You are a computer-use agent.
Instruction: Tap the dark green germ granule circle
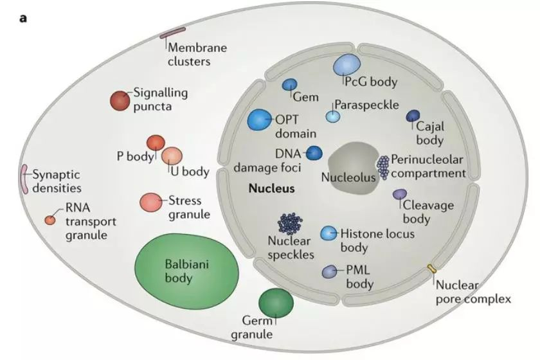(x=276, y=303)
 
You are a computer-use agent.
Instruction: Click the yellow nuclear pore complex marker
(x=431, y=269)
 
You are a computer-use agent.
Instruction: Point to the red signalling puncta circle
(x=120, y=100)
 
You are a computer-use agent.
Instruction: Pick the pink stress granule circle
(x=151, y=203)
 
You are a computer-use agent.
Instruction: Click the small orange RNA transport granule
(x=50, y=220)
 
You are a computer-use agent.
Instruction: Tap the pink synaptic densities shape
(x=24, y=179)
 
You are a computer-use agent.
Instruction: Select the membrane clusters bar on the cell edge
(x=172, y=33)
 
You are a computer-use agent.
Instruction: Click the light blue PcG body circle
(x=346, y=65)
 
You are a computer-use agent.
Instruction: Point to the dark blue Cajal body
(x=413, y=116)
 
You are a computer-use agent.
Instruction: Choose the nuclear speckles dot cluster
(x=290, y=223)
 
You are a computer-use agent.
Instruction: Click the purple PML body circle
(x=330, y=272)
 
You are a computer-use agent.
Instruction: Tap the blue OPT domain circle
(x=260, y=120)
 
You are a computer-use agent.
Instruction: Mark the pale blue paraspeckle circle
(x=333, y=116)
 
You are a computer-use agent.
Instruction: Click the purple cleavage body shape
(x=399, y=194)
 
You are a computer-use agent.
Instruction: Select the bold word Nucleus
(x=272, y=188)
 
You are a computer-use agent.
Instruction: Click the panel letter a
(x=23, y=18)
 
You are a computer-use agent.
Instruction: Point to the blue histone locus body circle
(x=328, y=233)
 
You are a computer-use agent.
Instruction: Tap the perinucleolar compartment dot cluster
(x=383, y=167)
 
